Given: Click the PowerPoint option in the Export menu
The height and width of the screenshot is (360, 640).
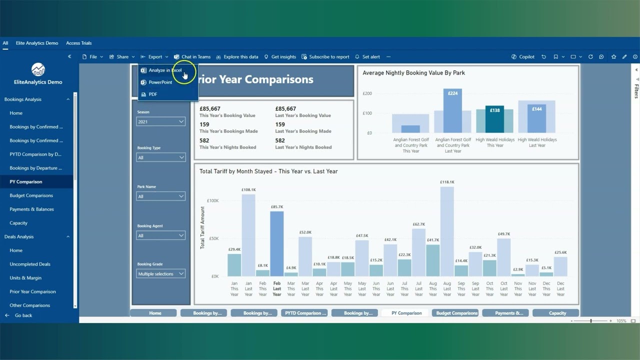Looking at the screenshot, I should click(x=160, y=82).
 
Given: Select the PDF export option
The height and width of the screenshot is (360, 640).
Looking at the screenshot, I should click(x=152, y=94).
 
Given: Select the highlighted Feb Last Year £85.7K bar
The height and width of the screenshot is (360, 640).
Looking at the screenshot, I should click(x=276, y=243).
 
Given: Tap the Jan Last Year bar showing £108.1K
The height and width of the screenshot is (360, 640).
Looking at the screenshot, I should click(x=248, y=235).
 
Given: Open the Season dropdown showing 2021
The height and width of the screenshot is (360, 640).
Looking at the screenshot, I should click(x=160, y=121).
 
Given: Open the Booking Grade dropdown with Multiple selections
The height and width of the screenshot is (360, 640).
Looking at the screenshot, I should click(x=160, y=274).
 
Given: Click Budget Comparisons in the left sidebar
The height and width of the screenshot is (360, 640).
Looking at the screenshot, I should click(x=31, y=195).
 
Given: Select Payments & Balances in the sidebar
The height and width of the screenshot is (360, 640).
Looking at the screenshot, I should click(x=32, y=209).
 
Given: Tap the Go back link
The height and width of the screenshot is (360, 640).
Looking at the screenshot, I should click(x=23, y=315).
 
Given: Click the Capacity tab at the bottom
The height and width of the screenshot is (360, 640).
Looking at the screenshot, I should click(x=557, y=313).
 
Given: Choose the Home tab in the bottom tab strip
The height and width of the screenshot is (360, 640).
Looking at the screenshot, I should click(x=155, y=313).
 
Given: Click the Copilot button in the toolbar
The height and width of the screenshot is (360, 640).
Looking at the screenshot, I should click(x=523, y=57).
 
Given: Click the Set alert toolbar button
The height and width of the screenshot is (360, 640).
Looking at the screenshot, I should click(x=367, y=57).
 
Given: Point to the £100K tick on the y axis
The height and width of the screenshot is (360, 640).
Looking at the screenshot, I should click(x=212, y=200).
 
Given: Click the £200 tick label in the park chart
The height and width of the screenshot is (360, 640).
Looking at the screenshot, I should click(x=367, y=93).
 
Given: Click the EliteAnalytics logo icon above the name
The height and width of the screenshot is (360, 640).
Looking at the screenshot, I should click(x=38, y=69).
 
